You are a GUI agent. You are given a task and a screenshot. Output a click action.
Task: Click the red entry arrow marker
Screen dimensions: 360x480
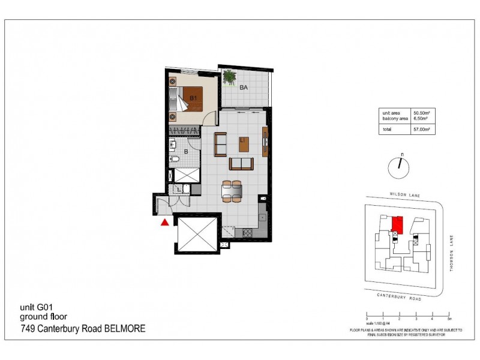click(164, 223)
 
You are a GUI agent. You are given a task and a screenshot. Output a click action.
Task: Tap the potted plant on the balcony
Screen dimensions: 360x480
click(229, 77)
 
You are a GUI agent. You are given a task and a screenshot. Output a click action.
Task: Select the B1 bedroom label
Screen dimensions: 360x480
click(194, 98)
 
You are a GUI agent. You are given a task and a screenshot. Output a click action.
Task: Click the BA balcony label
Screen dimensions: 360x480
click(244, 88)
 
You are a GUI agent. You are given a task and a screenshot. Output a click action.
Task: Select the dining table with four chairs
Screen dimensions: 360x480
click(231, 191)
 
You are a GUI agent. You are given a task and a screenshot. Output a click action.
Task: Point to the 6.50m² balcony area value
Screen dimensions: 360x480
click(421, 118)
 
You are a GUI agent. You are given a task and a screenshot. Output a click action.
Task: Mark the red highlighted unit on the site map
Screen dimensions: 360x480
click(397, 223)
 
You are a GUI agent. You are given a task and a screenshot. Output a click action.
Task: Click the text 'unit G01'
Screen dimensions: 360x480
click(37, 308)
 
